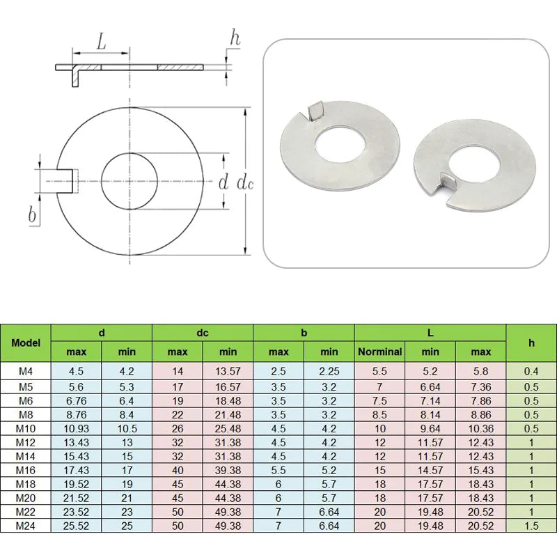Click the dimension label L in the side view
point(101,42)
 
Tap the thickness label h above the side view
point(235,38)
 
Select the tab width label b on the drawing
point(32,215)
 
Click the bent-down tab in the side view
point(72,75)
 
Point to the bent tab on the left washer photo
point(315,110)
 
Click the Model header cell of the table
point(26,343)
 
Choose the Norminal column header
point(379,352)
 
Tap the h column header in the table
point(531,343)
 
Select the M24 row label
point(26,526)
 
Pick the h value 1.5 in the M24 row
point(531,526)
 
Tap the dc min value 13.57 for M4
point(228,372)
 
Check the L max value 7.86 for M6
point(480,401)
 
